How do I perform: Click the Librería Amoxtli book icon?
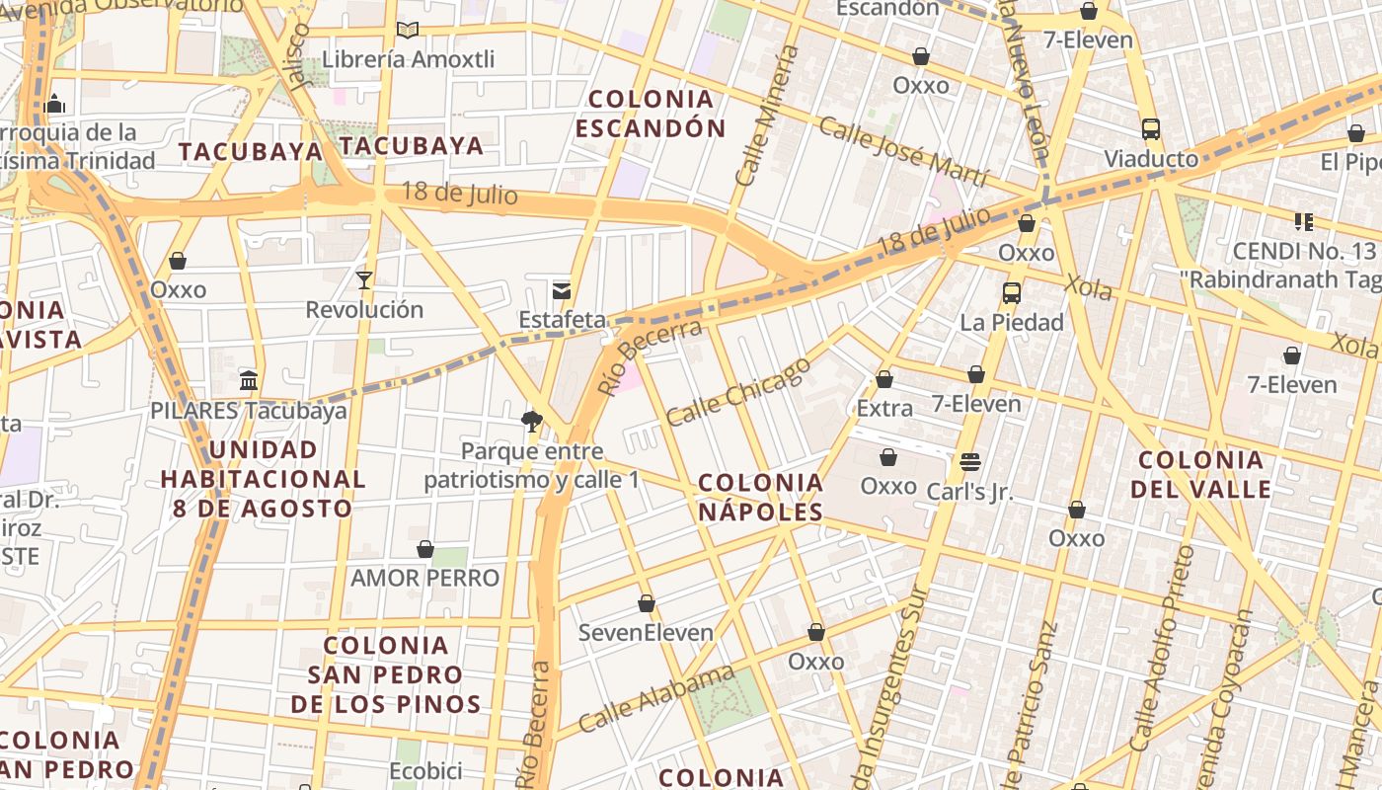click(x=407, y=31)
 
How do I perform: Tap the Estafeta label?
click(x=563, y=320)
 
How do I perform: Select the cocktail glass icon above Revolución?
click(x=364, y=280)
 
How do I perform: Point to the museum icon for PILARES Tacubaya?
click(x=249, y=380)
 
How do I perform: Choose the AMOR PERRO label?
click(x=424, y=578)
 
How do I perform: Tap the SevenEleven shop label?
click(x=646, y=632)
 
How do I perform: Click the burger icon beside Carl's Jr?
click(x=969, y=462)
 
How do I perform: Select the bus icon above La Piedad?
click(x=1011, y=293)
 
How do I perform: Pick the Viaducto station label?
click(x=1151, y=159)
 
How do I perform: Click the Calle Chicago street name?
click(x=738, y=392)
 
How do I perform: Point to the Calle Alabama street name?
click(x=656, y=699)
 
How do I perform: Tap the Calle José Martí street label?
click(x=903, y=152)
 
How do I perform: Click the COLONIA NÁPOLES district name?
click(x=760, y=497)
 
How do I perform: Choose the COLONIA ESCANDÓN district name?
click(x=651, y=114)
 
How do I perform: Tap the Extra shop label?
click(x=884, y=408)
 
